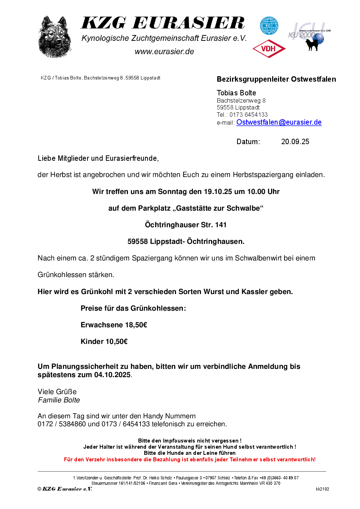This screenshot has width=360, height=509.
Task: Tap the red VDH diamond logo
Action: tap(269, 49)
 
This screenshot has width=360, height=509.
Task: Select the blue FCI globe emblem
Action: tap(269, 26)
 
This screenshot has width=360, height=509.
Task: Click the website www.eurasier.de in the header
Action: tap(164, 52)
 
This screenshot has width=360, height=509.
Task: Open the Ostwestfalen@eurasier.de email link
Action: tap(279, 122)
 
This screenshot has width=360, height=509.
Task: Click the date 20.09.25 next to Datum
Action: tap(295, 142)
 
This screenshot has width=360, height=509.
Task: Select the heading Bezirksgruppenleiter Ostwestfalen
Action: tap(276, 79)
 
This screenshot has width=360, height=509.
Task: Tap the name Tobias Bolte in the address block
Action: tap(236, 93)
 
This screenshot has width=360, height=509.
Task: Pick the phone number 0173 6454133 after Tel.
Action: tap(248, 115)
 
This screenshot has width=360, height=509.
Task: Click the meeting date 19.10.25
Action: tap(218, 191)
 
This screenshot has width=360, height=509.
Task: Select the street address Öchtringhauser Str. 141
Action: tap(185, 225)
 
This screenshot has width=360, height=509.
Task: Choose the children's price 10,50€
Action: tap(116, 341)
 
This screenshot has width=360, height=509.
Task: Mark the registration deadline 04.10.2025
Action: tap(112, 375)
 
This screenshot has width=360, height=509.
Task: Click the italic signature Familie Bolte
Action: tap(59, 400)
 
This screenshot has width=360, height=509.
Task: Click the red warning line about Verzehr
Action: tap(189, 460)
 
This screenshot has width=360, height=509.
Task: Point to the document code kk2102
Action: tap(322, 489)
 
